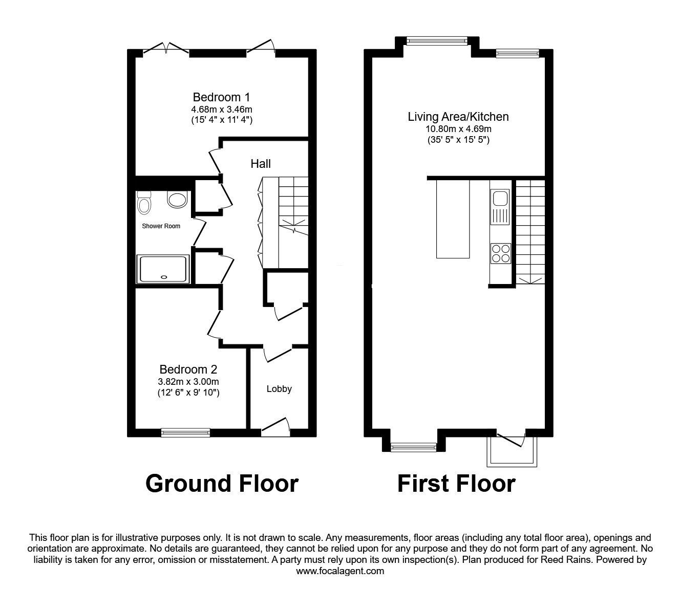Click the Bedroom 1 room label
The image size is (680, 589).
pos(221,97)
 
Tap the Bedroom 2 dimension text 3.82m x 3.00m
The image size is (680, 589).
pos(188,382)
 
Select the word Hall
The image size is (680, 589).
pos(261,164)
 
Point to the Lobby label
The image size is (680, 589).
pos(279,389)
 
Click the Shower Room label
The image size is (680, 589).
pos(161,226)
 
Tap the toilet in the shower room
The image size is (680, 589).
pos(144,202)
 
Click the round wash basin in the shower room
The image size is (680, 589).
pos(177,200)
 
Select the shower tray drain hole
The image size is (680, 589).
pos(164,277)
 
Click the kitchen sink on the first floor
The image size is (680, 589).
pos(500,207)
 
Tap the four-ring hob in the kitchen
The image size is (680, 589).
pos(501,253)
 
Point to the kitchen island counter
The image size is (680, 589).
pos(453,219)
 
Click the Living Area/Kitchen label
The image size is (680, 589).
pos(458,117)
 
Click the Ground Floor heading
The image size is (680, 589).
pos(222,484)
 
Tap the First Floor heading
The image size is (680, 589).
pos(457,484)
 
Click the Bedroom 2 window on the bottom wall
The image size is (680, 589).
pos(185,433)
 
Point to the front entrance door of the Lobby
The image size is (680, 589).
pos(275,427)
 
